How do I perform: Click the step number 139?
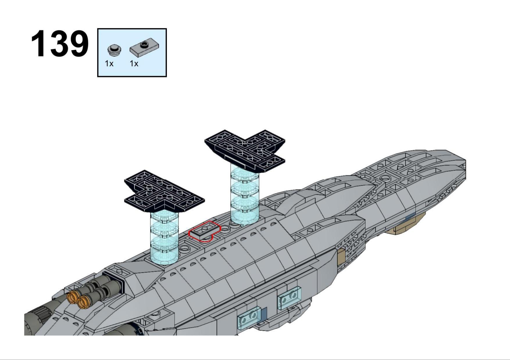(60, 44)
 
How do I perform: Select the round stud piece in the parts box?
(114, 50)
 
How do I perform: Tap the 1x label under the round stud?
(109, 63)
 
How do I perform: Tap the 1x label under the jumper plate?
(134, 63)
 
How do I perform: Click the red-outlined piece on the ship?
(205, 231)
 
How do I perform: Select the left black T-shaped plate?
(164, 191)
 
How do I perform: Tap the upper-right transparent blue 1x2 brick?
(289, 298)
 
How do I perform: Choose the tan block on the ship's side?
(341, 257)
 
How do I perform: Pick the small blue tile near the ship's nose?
(410, 216)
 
